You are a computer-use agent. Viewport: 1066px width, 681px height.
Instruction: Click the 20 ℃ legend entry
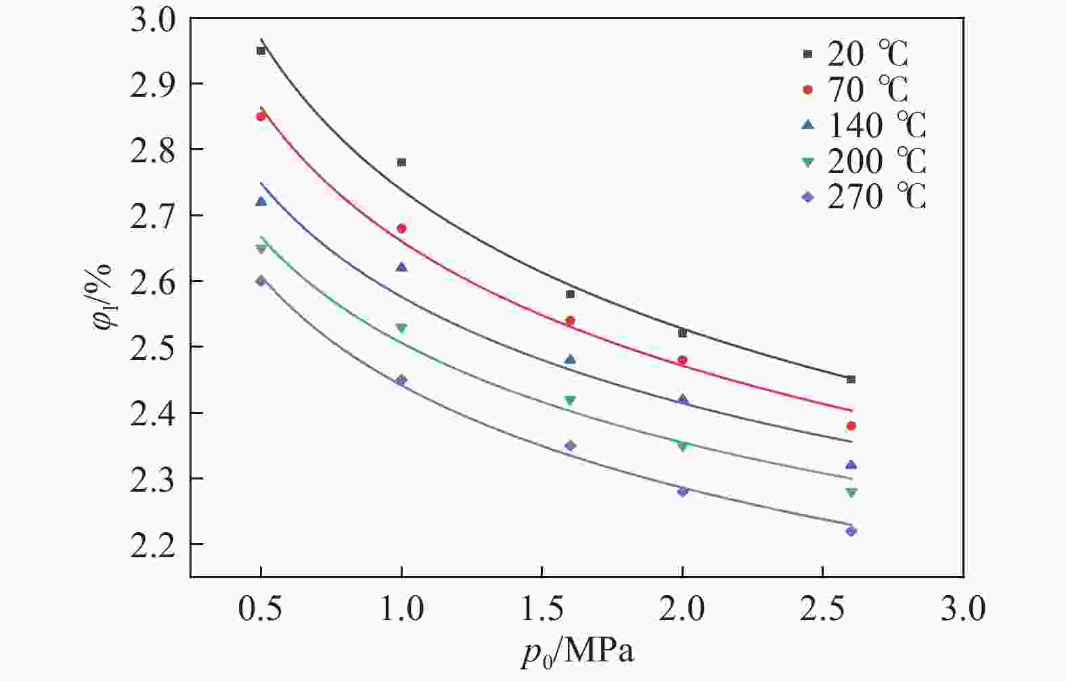point(854,54)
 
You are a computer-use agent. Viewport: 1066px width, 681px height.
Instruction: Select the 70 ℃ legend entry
point(854,89)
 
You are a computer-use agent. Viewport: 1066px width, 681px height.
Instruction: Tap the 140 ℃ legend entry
point(863,125)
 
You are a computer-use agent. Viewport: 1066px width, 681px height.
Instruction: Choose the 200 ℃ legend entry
point(863,161)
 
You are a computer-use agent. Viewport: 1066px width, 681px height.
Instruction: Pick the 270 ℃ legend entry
point(863,197)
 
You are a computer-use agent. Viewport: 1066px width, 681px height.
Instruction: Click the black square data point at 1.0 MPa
point(401,162)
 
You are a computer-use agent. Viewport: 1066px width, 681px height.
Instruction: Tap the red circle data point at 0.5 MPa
point(261,116)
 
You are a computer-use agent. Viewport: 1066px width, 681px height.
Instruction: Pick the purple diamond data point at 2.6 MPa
point(851,531)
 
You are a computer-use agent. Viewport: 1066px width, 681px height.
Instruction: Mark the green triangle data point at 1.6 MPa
point(570,400)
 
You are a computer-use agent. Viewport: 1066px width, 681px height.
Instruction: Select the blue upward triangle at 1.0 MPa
point(401,267)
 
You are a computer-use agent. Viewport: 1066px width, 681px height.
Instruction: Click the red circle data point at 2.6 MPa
point(851,426)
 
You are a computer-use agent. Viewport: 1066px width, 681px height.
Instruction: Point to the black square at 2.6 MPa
point(851,379)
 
